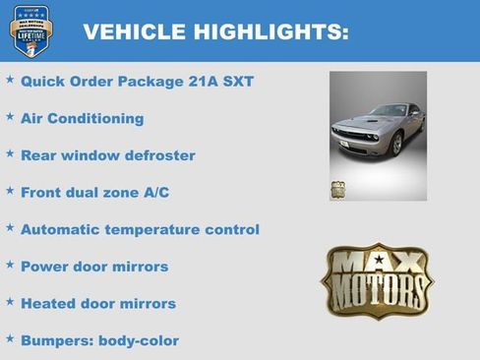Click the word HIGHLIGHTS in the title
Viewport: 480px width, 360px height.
coord(266,31)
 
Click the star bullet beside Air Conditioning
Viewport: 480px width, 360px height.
coord(10,117)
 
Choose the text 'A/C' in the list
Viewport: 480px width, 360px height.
coord(151,193)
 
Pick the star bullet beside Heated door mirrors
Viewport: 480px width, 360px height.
coord(10,302)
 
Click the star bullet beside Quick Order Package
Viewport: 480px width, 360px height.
coord(10,80)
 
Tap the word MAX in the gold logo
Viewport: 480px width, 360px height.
coord(377,265)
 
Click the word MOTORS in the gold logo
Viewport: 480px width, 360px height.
coord(377,293)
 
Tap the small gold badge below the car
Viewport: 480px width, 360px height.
coord(338,190)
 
